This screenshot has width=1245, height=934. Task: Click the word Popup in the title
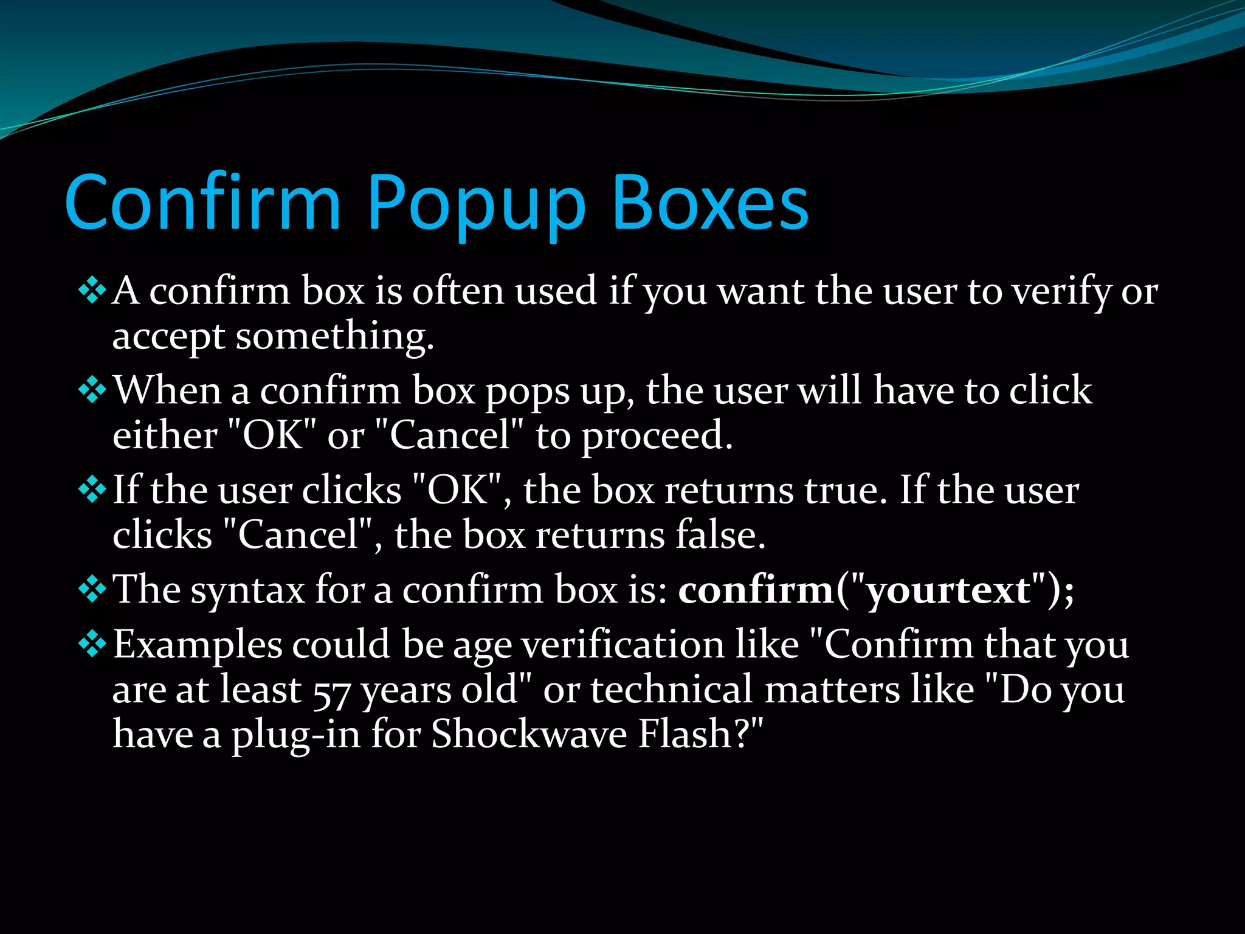pos(475,203)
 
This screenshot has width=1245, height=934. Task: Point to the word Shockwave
pos(529,734)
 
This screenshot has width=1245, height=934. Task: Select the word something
pos(334,336)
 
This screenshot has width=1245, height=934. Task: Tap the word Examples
pos(198,645)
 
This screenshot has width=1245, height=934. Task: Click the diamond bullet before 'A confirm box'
pos(92,290)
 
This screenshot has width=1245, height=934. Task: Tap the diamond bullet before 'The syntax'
pos(92,589)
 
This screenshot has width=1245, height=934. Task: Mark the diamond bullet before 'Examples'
pos(92,643)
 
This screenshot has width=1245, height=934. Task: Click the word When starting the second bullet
pos(167,390)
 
